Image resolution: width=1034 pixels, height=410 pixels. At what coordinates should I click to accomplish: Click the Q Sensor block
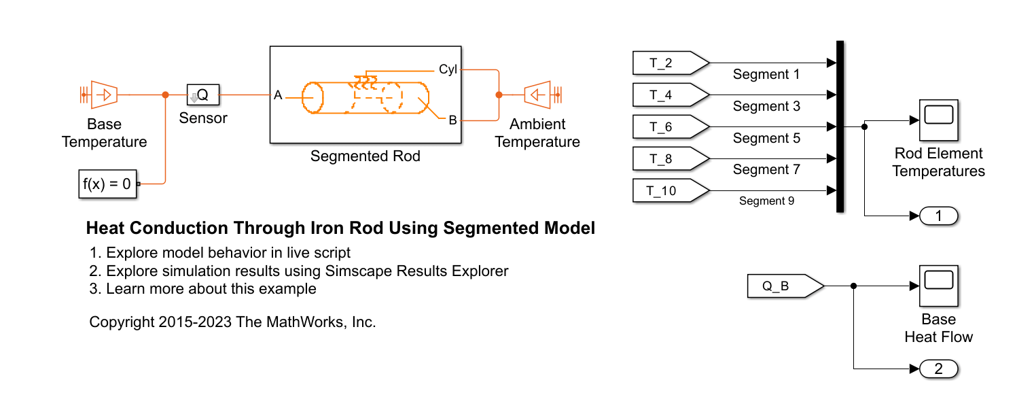(202, 95)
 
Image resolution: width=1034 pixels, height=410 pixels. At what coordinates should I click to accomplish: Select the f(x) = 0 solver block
(107, 184)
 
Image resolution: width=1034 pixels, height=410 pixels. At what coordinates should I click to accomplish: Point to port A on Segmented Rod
(278, 95)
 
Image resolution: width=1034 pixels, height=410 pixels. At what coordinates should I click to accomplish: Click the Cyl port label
(448, 69)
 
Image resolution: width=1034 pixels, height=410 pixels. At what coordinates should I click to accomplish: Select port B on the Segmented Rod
(452, 120)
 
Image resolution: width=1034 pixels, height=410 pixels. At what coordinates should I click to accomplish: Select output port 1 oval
(938, 216)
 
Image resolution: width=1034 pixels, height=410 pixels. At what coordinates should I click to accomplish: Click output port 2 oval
(938, 369)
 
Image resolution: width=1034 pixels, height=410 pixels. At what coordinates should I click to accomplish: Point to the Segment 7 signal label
(766, 169)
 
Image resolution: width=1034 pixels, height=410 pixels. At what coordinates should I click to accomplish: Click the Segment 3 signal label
(766, 106)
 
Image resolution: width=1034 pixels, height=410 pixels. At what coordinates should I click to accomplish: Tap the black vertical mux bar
(840, 126)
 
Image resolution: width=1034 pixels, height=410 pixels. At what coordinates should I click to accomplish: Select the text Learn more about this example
(211, 288)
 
